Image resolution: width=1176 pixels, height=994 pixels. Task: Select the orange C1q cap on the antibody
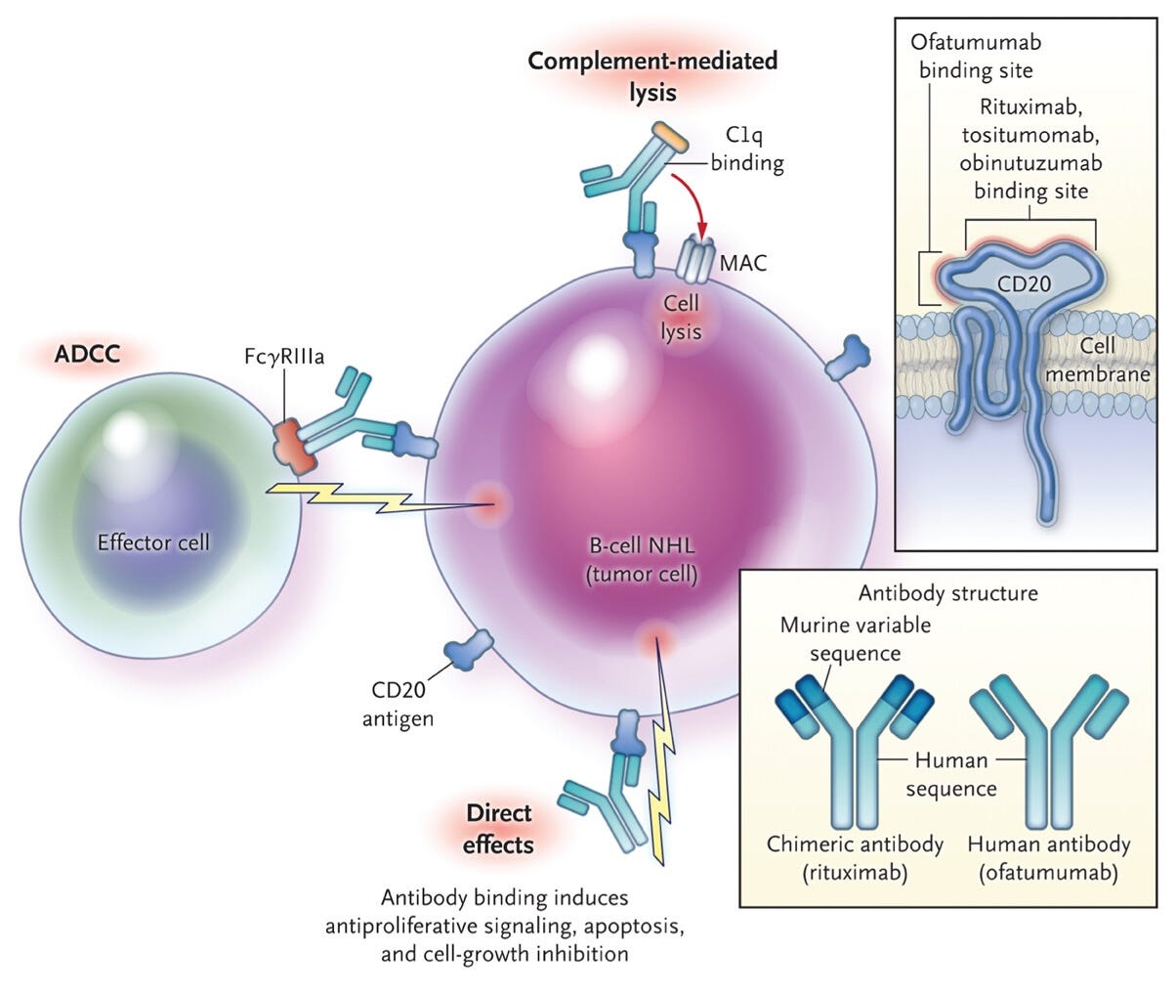pos(670,138)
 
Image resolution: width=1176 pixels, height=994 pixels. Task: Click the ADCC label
pos(87,354)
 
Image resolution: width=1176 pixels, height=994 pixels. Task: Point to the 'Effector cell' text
pos(153,542)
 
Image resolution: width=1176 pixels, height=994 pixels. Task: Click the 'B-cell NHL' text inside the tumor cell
pos(642,545)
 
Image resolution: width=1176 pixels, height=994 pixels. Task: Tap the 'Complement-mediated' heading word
pos(652,61)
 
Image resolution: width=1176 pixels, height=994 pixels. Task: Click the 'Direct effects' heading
pos(498,829)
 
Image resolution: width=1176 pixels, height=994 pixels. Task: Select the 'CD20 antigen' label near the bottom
pos(398,704)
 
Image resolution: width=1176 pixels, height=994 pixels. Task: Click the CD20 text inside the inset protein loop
pos(1024,283)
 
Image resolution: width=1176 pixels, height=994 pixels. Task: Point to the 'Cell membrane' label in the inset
pos(1097,360)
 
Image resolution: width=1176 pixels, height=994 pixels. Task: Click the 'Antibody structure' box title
pos(947,593)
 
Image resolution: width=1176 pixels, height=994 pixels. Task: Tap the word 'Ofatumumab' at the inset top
pos(976,42)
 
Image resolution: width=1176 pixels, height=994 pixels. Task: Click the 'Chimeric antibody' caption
pos(855,844)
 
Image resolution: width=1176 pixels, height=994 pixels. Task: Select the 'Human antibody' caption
pos(1049,844)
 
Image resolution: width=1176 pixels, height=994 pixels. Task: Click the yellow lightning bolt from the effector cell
pos(373,498)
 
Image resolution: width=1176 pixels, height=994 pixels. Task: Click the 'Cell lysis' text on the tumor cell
pos(681,318)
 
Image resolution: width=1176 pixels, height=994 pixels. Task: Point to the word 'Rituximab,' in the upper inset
pos(1030,108)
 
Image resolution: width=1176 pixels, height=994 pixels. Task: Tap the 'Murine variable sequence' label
pos(855,639)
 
